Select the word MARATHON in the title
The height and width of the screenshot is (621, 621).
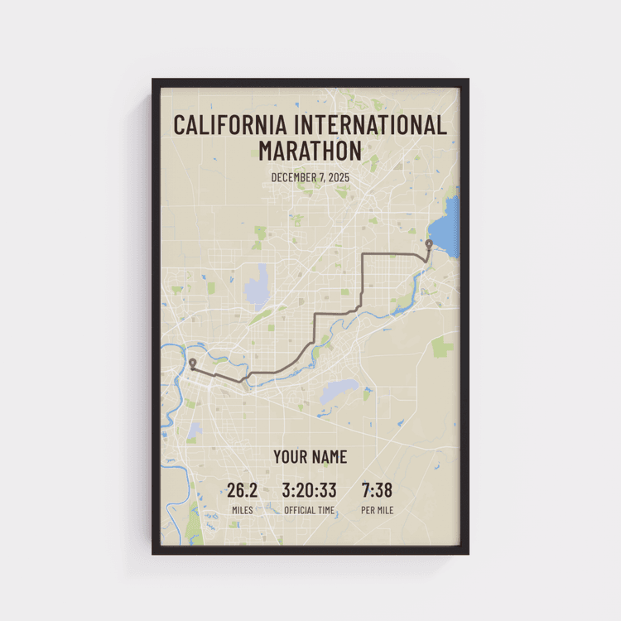[310, 152]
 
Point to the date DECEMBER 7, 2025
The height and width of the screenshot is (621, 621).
[310, 177]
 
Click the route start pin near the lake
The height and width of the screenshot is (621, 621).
[428, 244]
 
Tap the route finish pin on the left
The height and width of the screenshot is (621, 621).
[192, 363]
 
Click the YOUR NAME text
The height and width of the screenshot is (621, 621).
[310, 457]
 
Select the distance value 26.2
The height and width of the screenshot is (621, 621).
[243, 490]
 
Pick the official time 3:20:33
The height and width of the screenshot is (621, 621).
[310, 490]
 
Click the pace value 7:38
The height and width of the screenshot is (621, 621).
[377, 490]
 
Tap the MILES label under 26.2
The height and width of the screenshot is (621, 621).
[243, 510]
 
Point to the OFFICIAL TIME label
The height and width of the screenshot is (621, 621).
[310, 510]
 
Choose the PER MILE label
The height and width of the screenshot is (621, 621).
[377, 510]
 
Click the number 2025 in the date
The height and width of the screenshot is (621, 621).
[339, 177]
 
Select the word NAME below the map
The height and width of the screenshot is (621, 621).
[329, 457]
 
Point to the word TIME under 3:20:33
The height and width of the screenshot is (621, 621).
[325, 510]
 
